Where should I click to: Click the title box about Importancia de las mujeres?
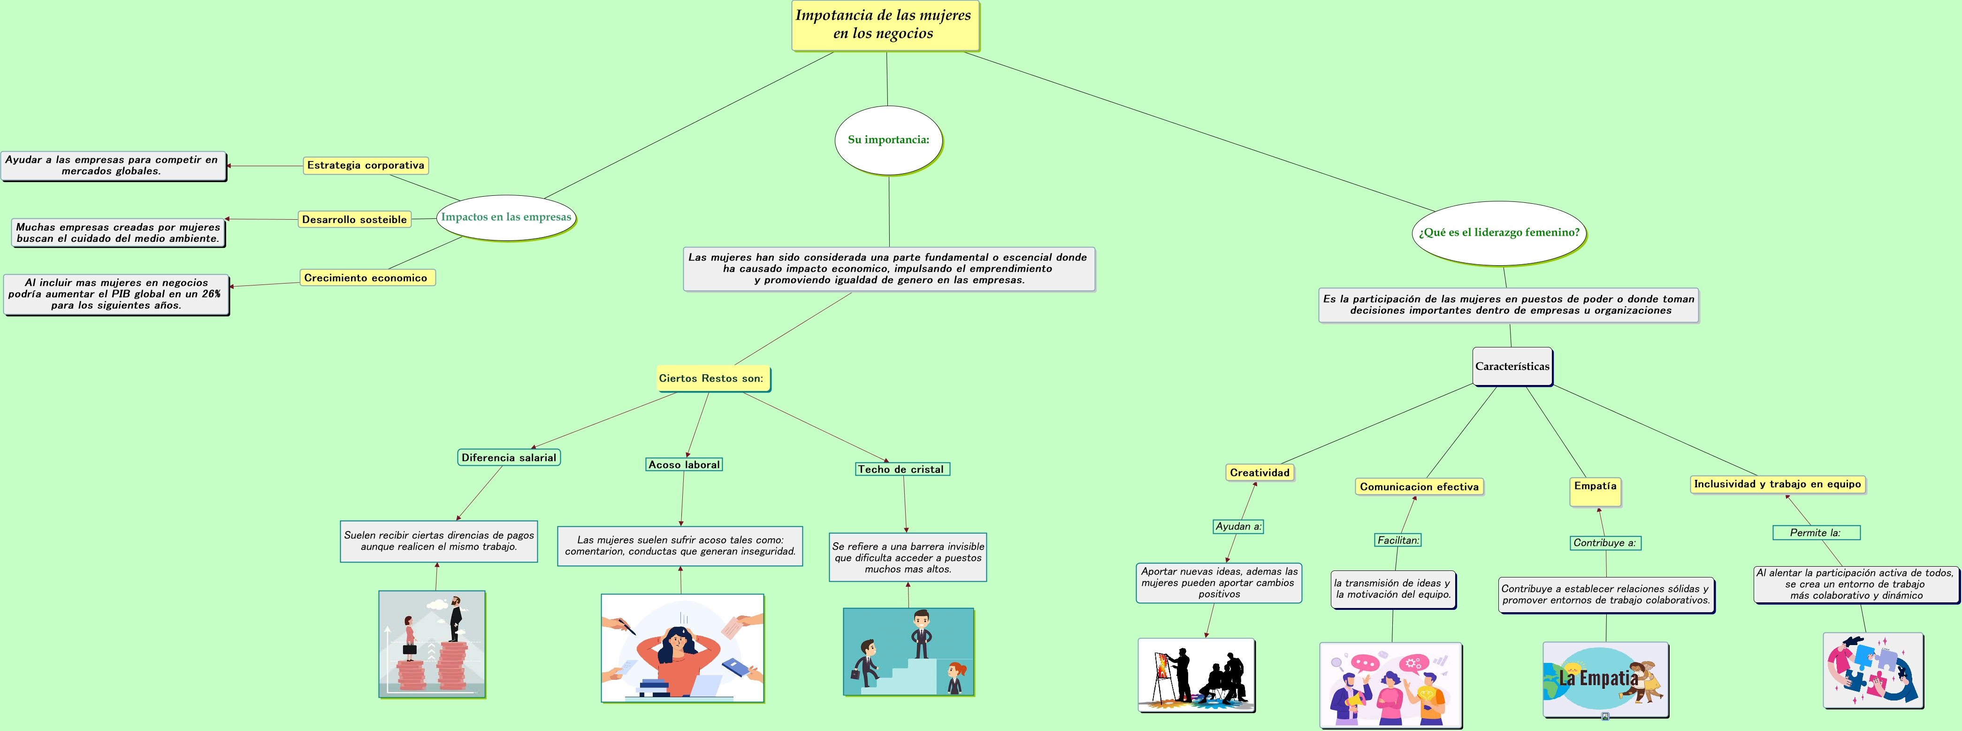885,25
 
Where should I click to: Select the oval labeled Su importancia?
888,139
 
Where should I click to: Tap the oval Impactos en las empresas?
506,217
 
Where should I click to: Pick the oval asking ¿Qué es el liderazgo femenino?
1498,232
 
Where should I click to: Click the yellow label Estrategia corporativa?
366,165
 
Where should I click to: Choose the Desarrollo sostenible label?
354,220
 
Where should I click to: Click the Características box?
1512,367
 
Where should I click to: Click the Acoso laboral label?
684,465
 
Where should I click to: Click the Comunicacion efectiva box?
1419,487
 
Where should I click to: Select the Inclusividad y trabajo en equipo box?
1778,484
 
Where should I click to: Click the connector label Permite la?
1816,533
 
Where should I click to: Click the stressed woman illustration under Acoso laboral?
682,648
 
